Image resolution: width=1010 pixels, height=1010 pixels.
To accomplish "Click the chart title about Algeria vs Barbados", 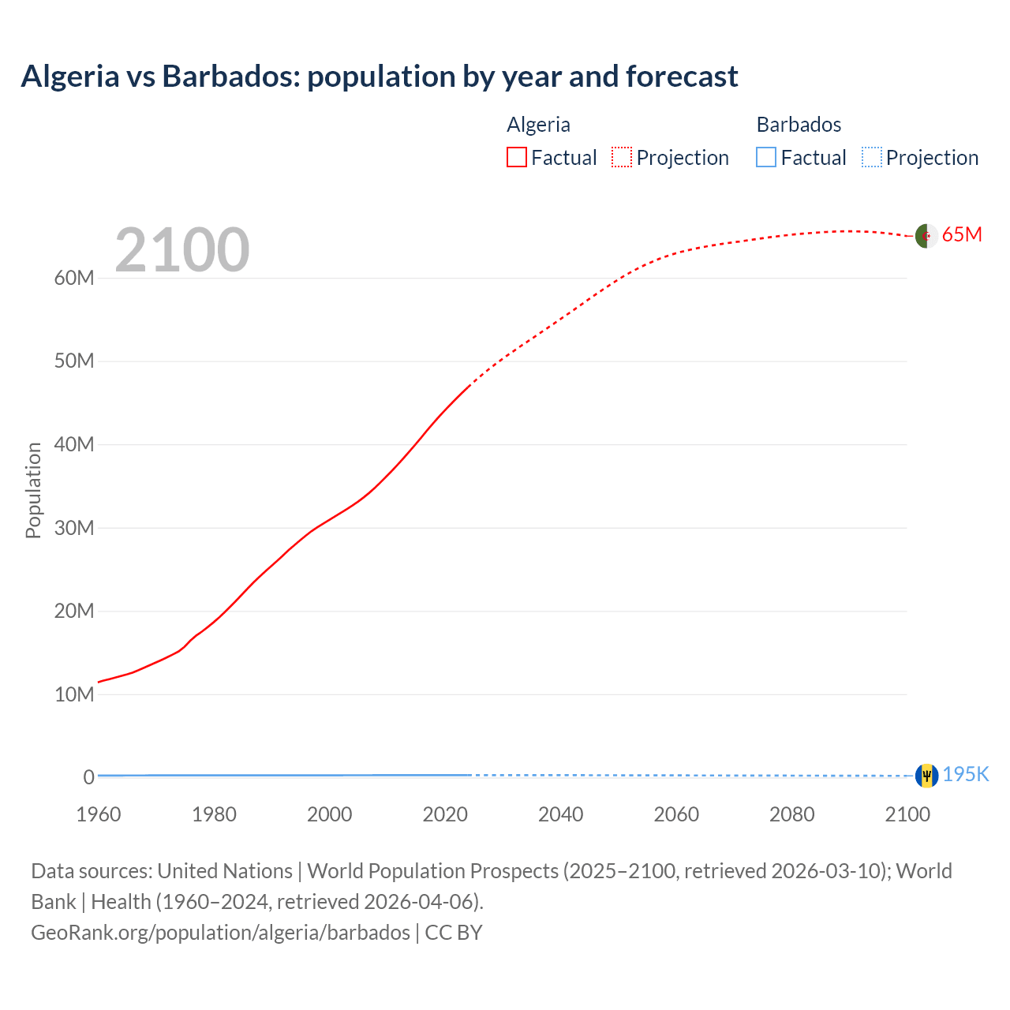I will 379,77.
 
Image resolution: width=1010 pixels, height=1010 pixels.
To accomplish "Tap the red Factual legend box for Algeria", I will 516,157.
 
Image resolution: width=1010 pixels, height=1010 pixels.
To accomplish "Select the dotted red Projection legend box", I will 622,157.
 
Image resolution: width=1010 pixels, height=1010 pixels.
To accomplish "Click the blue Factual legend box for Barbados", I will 766,157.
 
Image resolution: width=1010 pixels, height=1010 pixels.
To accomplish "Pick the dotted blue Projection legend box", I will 871,157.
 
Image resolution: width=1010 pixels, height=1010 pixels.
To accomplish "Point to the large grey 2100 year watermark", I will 182,250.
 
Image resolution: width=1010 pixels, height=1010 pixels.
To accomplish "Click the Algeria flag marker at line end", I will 926,235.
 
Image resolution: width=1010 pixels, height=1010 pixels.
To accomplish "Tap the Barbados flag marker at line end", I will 926,776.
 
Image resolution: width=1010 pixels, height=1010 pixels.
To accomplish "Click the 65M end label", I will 962,234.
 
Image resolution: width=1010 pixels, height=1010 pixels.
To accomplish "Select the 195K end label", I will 966,774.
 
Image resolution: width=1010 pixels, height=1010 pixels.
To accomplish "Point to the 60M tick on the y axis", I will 74,278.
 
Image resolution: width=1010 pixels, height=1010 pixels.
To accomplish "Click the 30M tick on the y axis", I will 74,528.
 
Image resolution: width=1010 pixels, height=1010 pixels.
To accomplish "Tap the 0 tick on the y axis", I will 88,777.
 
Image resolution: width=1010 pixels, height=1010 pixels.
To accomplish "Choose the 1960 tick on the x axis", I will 99,814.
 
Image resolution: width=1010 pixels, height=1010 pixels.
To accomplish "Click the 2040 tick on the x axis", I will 560,814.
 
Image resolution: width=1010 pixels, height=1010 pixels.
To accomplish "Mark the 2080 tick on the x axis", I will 791,814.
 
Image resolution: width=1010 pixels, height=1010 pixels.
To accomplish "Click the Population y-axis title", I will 33,490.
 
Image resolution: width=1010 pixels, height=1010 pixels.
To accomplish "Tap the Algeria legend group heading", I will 538,125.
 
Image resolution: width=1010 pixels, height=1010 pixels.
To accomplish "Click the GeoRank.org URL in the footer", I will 220,933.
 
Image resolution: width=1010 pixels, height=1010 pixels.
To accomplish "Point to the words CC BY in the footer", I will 454,933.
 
